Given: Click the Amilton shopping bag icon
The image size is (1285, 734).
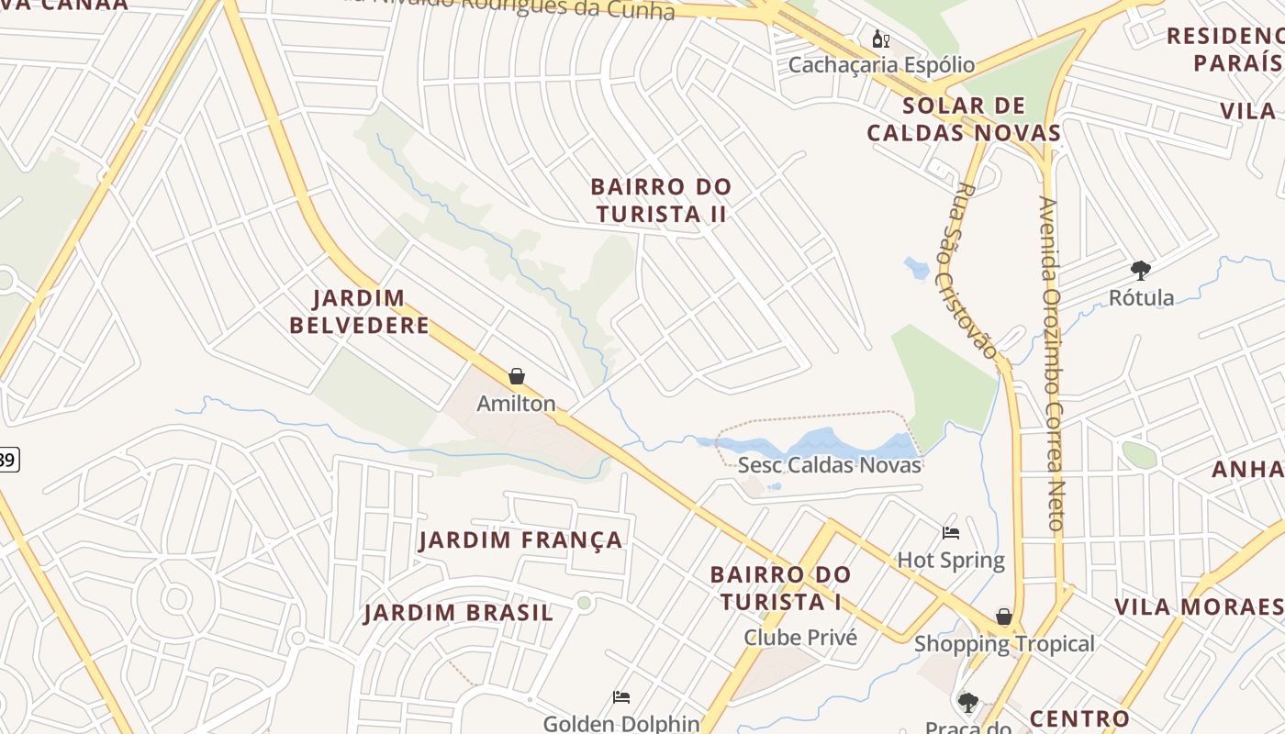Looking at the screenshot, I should tap(517, 376).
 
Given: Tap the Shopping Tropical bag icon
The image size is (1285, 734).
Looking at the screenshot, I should tap(1004, 617).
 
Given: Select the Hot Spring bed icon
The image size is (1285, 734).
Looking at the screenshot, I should tap(951, 532).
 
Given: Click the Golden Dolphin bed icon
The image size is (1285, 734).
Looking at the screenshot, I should tap(621, 697).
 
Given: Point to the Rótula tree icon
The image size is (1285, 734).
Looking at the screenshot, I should tap(1141, 271).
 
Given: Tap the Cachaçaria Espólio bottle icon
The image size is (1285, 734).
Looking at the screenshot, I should tap(880, 39).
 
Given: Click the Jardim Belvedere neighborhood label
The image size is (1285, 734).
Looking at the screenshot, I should tap(359, 312).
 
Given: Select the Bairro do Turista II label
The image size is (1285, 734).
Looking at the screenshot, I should tap(661, 200).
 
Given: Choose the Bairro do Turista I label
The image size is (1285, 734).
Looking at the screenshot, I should tap(781, 588).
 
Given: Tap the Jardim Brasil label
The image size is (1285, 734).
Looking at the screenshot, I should tap(459, 613).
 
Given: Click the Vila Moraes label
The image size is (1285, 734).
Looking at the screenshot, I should tap(1198, 607).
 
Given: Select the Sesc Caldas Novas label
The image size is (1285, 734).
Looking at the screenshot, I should tap(830, 465).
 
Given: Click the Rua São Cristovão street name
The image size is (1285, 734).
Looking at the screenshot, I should tap(975, 271).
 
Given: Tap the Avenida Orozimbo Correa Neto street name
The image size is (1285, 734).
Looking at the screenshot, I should tap(1052, 362).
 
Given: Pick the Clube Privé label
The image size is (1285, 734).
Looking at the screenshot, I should tap(800, 638).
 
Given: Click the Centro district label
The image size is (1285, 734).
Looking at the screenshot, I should tap(1079, 718).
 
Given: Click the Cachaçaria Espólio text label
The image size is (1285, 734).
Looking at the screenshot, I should tap(881, 65).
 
